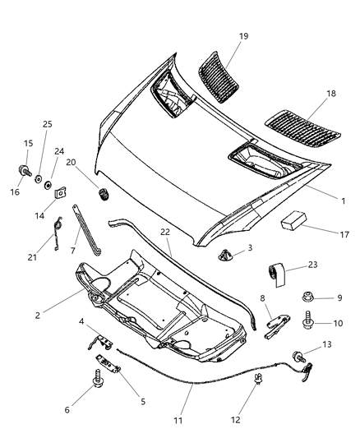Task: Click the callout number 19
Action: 244,36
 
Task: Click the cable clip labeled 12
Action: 259,380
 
